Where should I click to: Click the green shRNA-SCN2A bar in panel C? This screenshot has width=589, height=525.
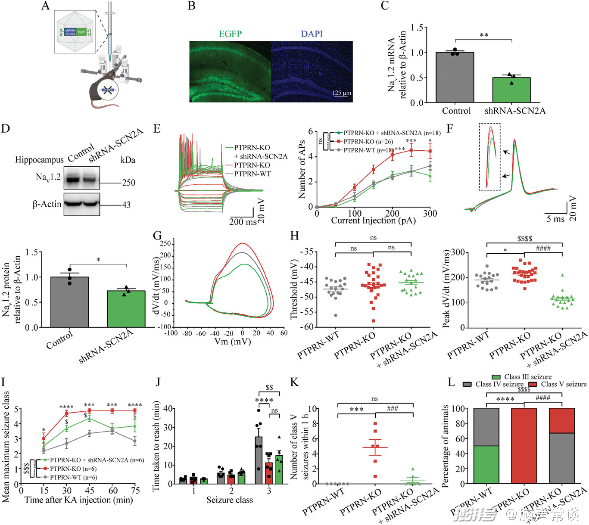pyautogui.click(x=511, y=90)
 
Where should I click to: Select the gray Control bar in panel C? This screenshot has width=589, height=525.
pyautogui.click(x=455, y=78)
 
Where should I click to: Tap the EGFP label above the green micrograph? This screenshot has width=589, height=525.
pyautogui.click(x=230, y=34)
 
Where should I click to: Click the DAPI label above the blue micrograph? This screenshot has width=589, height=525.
pyautogui.click(x=312, y=34)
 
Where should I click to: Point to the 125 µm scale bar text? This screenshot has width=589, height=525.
pyautogui.click(x=342, y=93)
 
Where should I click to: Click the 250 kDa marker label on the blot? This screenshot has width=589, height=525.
pyautogui.click(x=128, y=183)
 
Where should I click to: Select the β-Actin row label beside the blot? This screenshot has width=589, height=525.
pyautogui.click(x=47, y=204)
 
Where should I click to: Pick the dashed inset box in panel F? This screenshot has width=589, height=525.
pyautogui.click(x=489, y=157)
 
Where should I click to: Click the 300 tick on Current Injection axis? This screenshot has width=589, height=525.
pyautogui.click(x=430, y=214)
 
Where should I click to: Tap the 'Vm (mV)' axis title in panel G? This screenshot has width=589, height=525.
pyautogui.click(x=233, y=342)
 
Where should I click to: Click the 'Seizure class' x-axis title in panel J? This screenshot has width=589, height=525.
pyautogui.click(x=229, y=500)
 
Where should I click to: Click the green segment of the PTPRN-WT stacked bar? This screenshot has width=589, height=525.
pyautogui.click(x=486, y=465)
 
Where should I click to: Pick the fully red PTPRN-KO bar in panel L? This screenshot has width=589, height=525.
pyautogui.click(x=524, y=446)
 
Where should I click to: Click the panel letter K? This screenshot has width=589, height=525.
pyautogui.click(x=294, y=382)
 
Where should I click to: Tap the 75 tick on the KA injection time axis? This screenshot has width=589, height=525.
pyautogui.click(x=135, y=490)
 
